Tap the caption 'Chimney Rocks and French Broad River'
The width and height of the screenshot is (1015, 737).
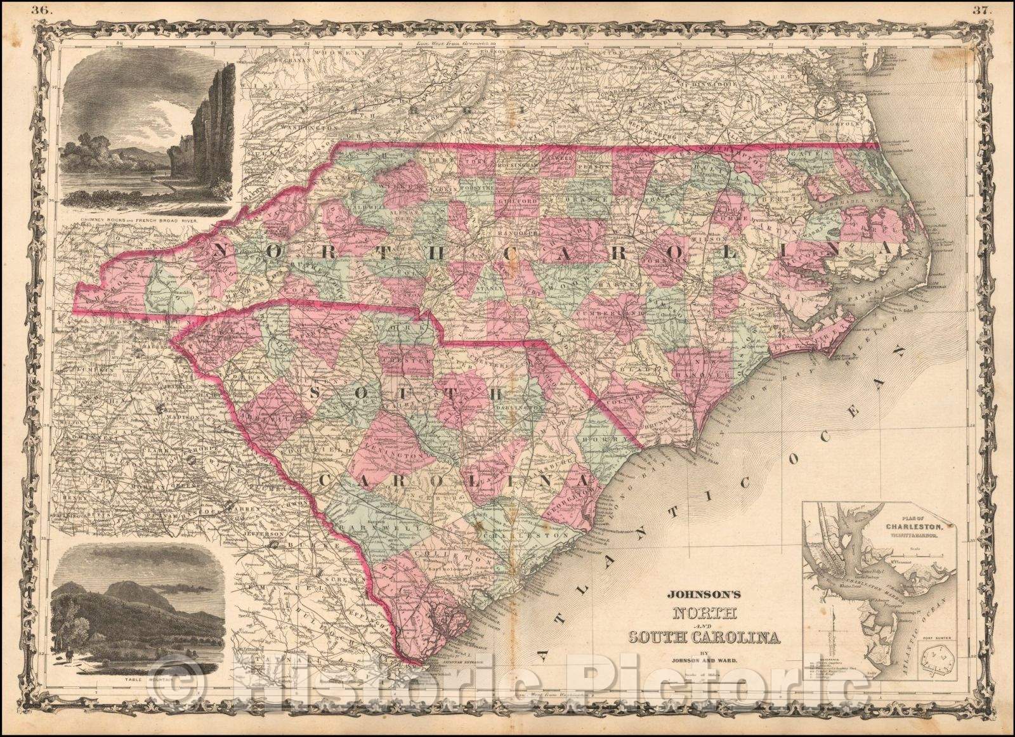pos(139,222)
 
